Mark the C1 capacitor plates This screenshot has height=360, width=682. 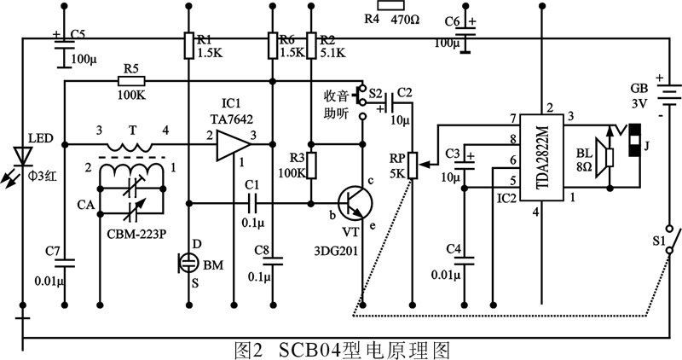[251, 203]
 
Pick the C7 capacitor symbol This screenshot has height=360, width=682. [68, 261]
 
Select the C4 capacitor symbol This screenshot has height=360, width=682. [465, 265]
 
